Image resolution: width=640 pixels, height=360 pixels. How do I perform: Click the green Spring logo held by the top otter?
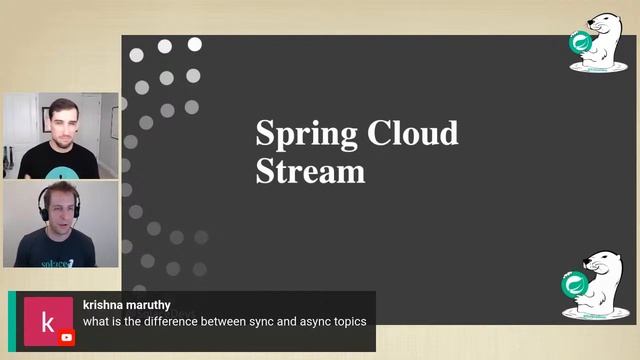(x=580, y=43)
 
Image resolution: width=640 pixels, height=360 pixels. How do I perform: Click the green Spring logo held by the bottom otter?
(x=575, y=284)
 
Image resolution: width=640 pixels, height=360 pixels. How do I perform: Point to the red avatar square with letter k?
(x=47, y=321)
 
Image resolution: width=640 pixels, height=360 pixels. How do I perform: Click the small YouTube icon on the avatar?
(x=67, y=338)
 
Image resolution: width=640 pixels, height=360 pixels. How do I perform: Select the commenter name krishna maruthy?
(x=127, y=304)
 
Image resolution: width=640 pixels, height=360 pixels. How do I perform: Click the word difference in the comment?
(x=187, y=322)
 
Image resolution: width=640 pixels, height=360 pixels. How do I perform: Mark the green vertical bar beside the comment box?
(x=11, y=321)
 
